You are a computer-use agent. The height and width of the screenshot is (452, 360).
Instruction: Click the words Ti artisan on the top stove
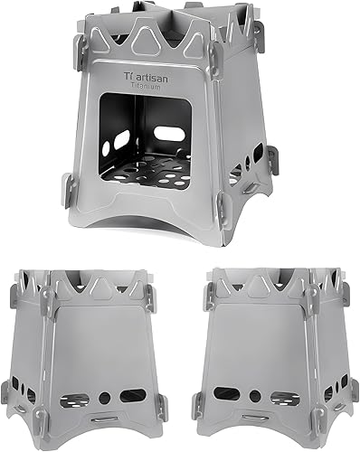(x=146, y=77)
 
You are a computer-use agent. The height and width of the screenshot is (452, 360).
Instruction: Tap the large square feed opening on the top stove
(x=146, y=141)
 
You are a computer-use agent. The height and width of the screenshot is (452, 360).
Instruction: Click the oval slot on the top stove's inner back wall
(x=169, y=134)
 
